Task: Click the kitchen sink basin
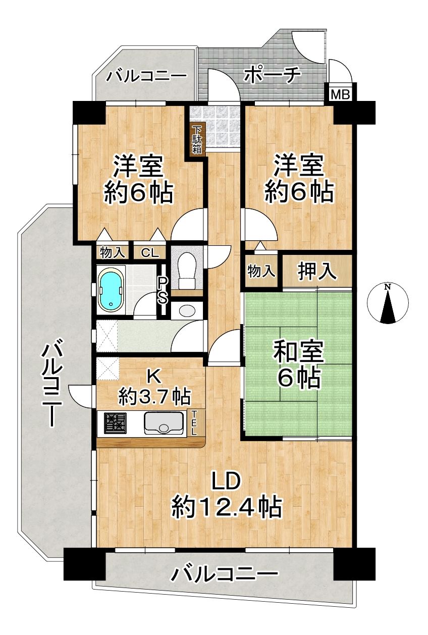pyautogui.click(x=164, y=423)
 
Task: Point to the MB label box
pyautogui.click(x=340, y=95)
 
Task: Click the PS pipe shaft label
pyautogui.click(x=163, y=290)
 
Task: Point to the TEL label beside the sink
pyautogui.click(x=194, y=422)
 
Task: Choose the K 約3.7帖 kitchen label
pyautogui.click(x=154, y=388)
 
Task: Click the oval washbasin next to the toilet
pyautogui.click(x=187, y=311)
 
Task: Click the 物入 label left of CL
pyautogui.click(x=113, y=252)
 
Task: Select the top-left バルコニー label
pyautogui.click(x=146, y=76)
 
